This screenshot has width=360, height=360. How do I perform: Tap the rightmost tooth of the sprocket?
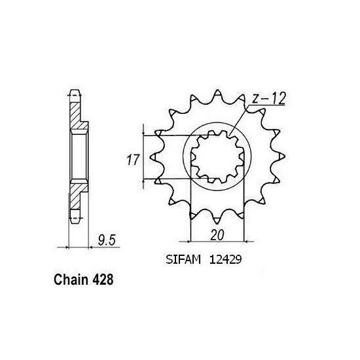(x=282, y=156)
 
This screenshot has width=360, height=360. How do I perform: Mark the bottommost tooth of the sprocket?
(x=219, y=221)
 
